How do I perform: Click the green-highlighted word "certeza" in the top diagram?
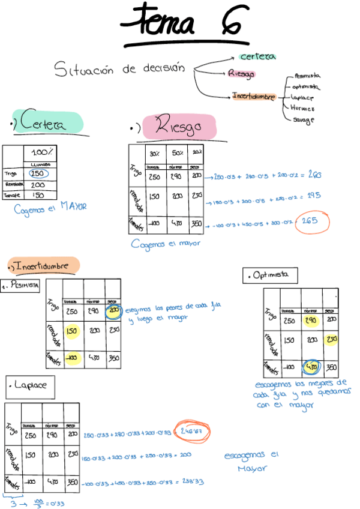click(x=257, y=56)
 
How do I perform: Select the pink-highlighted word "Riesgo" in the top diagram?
click(x=241, y=74)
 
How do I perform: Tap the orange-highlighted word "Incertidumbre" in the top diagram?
click(x=254, y=96)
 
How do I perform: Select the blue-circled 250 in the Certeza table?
click(x=37, y=173)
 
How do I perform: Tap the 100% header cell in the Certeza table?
click(x=40, y=152)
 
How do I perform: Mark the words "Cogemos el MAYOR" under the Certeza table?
click(x=50, y=208)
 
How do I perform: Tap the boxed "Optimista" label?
click(x=271, y=276)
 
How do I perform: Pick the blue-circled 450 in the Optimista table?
click(x=311, y=366)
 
